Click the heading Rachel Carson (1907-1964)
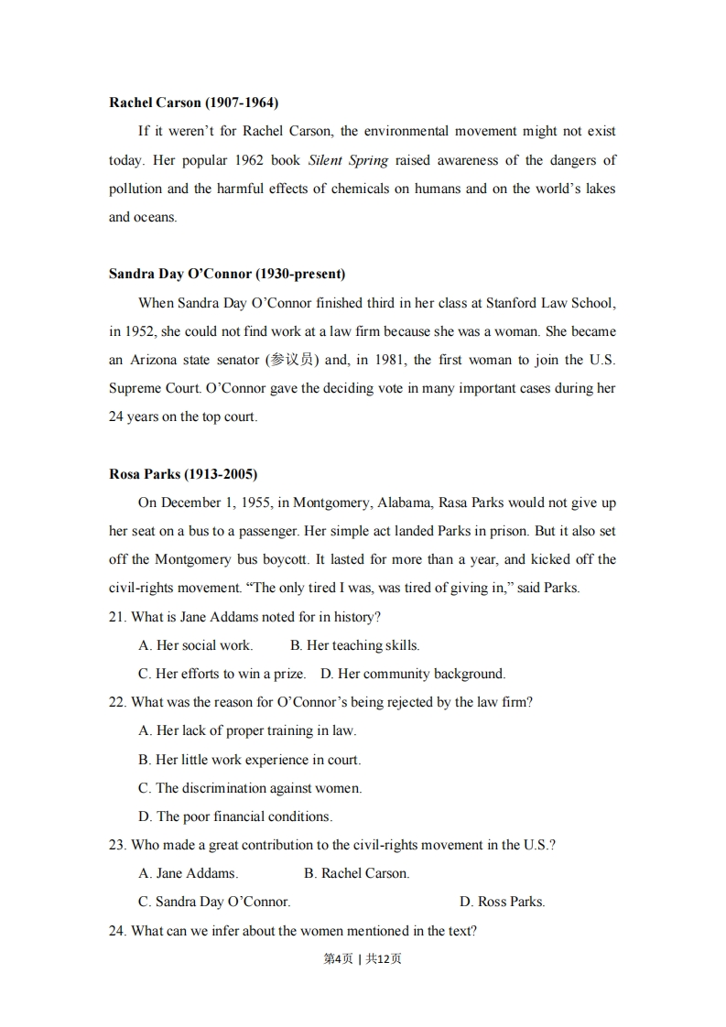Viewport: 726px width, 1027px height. tap(193, 103)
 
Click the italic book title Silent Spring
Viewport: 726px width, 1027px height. tap(348, 160)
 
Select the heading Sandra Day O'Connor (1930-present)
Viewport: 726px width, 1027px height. tap(227, 274)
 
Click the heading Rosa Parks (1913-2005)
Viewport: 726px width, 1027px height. tap(183, 474)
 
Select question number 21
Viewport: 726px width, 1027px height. tap(117, 617)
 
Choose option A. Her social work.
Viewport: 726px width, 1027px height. tap(195, 645)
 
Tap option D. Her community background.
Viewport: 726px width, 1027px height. tap(412, 674)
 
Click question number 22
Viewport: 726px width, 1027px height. tap(117, 702)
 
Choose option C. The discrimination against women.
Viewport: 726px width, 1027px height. tap(250, 788)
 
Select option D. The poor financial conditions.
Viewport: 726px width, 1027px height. tap(235, 816)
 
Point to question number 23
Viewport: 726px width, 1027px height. tap(117, 845)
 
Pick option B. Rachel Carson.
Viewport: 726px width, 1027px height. tap(356, 873)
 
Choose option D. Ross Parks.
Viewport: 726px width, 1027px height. tap(502, 902)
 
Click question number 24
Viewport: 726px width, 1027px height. tap(117, 931)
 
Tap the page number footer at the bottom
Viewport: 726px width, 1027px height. tap(363, 959)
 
